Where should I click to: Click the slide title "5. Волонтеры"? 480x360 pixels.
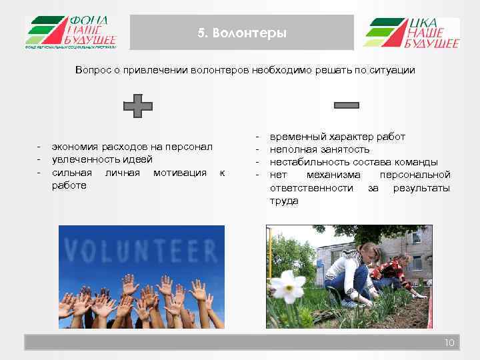(242, 33)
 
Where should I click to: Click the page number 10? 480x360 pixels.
(449, 343)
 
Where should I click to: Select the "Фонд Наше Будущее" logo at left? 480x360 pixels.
(71, 33)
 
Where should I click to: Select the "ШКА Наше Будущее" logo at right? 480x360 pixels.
(411, 33)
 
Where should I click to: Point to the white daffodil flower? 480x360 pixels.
(288, 286)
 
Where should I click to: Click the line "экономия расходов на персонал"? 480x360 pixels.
(132, 147)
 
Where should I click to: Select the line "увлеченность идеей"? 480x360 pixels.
(102, 159)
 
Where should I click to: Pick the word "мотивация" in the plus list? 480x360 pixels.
(180, 173)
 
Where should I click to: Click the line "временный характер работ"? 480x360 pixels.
(337, 137)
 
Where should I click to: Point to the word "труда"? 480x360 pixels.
(283, 201)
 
